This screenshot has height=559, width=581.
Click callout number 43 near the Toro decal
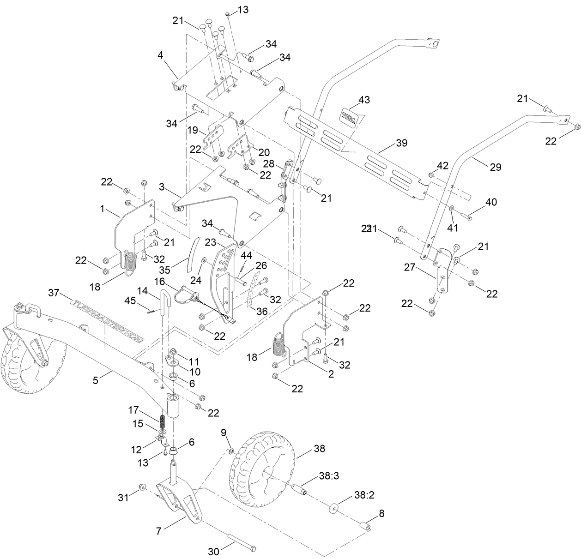tap(364, 100)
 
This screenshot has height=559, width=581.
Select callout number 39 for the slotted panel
tap(401, 143)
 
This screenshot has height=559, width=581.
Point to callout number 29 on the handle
tap(495, 167)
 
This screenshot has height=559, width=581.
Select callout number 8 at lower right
tap(382, 513)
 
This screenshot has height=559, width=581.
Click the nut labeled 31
tap(142, 487)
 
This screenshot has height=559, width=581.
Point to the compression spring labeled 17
tap(163, 421)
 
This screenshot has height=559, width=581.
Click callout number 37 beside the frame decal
tap(54, 292)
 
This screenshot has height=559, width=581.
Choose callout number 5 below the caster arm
tap(96, 380)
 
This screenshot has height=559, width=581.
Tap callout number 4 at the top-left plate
tap(160, 55)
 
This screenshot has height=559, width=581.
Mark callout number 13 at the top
tap(243, 10)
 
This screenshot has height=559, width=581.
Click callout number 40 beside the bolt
tap(491, 202)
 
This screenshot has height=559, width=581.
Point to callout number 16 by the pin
tap(159, 281)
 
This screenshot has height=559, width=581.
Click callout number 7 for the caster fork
tap(159, 531)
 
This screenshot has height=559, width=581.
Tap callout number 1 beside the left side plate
tap(102, 208)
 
